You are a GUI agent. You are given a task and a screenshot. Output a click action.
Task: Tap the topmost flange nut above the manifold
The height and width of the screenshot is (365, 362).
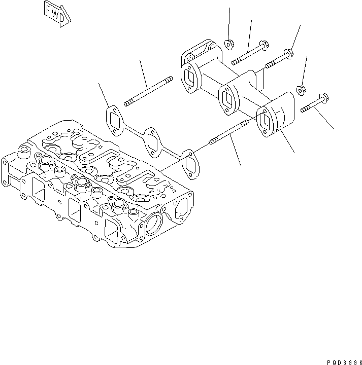click(228, 44)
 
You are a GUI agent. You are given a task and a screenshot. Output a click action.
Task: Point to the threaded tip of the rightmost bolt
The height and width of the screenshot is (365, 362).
click(304, 109)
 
